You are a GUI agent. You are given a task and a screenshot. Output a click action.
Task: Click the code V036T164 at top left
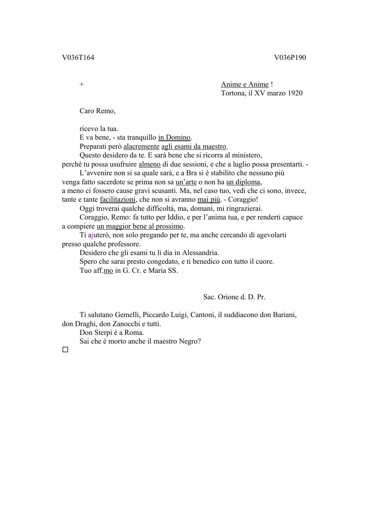(78, 57)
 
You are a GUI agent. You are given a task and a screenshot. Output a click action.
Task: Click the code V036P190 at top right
(290, 57)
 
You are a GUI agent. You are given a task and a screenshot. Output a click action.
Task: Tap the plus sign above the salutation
(82, 84)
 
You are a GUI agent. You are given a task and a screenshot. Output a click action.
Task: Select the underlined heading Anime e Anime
(245, 85)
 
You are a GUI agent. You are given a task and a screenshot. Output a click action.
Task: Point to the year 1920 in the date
(295, 93)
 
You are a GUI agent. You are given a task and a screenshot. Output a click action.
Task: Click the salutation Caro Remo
(97, 111)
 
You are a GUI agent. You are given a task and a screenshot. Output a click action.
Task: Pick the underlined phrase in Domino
(174, 137)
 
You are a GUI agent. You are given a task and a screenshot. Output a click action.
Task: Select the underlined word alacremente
(141, 147)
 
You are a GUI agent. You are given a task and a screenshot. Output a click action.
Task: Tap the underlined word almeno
(149, 164)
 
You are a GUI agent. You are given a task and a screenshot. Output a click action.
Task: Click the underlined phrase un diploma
(243, 182)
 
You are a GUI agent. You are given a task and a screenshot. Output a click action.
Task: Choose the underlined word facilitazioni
(118, 200)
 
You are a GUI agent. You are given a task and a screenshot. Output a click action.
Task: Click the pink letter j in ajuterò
(92, 235)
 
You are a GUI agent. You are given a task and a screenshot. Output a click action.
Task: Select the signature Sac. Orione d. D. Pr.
(234, 297)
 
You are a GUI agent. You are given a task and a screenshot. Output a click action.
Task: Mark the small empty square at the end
(65, 350)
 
